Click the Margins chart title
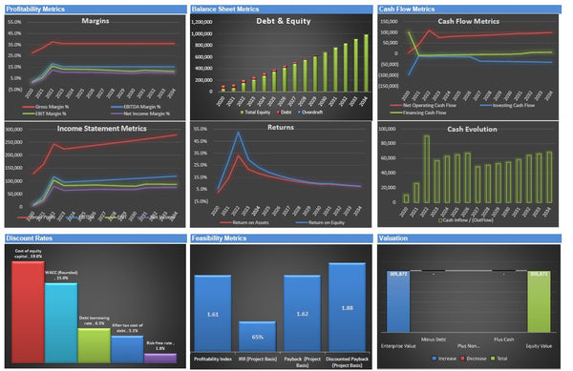tap(94, 20)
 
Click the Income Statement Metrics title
tap(94, 128)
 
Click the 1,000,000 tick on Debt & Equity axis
tap(208, 33)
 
